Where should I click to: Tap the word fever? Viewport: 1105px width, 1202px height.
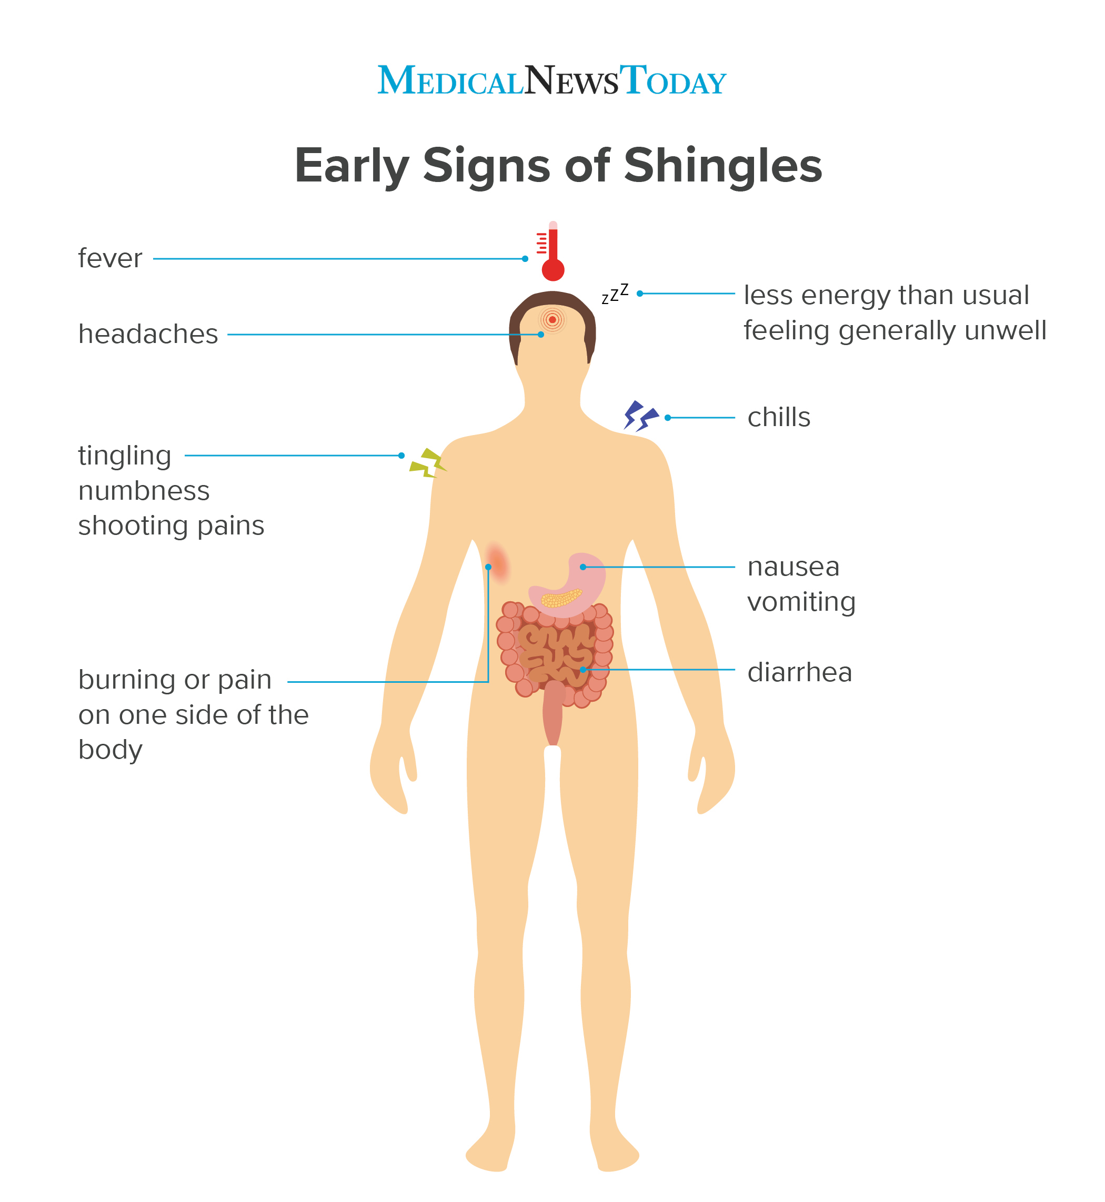coord(110,259)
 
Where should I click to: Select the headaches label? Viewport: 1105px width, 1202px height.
coord(148,334)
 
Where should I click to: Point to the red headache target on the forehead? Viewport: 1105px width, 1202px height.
coord(552,320)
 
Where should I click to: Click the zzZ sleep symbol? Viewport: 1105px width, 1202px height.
coord(615,294)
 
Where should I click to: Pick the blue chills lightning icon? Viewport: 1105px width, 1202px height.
coord(640,416)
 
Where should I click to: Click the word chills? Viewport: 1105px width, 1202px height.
coord(779,417)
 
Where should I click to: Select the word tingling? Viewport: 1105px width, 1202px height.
coord(124,456)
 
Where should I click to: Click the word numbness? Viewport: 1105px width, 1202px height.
coord(144,491)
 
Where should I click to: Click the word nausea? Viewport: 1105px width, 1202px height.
coord(793,567)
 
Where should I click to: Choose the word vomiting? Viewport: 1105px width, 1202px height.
coord(801,602)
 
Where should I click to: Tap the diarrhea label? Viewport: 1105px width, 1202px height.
coord(799,672)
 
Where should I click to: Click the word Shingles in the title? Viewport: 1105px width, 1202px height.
coord(723,166)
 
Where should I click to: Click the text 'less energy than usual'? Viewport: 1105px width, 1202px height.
coord(886,295)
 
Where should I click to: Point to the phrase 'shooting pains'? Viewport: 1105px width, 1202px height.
coord(171,526)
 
